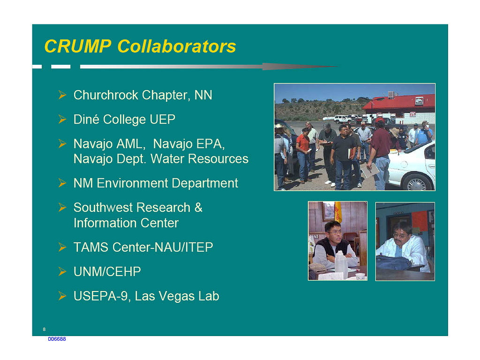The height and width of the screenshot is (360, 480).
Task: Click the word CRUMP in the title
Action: (78, 46)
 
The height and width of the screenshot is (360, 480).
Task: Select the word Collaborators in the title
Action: (176, 46)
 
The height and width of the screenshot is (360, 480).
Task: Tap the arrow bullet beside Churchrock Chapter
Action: (62, 95)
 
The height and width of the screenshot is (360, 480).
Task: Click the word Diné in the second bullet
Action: (87, 119)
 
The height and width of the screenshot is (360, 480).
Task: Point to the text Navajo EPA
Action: (189, 144)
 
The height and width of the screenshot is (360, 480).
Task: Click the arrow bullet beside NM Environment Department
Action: (62, 183)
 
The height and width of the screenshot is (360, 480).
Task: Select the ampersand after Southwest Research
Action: (198, 207)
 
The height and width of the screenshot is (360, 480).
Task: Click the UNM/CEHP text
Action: (107, 272)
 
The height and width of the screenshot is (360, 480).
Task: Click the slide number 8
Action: (44, 329)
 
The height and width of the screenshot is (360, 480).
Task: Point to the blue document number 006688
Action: (57, 339)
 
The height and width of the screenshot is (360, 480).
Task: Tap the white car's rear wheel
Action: (417, 183)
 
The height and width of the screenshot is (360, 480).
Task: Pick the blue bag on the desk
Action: (393, 263)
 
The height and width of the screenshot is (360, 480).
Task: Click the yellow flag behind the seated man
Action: (338, 212)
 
